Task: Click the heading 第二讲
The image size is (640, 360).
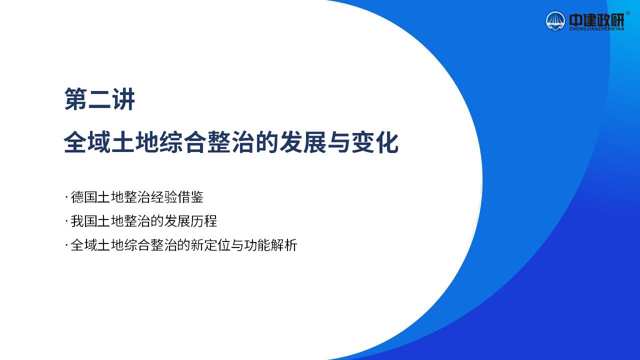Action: [x=99, y=99]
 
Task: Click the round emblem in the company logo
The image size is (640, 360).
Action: [x=555, y=21]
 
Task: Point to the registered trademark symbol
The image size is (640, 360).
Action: [x=627, y=13]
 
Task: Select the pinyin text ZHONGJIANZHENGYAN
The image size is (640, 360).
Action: [x=596, y=29]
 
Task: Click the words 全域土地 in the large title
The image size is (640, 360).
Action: [x=111, y=142]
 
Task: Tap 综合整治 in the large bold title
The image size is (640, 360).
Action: [x=207, y=142]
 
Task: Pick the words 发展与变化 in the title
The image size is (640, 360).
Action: [x=339, y=142]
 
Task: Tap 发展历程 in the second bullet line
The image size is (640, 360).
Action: [x=190, y=221]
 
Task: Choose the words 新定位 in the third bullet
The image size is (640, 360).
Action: [x=210, y=245]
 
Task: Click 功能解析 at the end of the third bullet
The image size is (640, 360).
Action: [x=270, y=245]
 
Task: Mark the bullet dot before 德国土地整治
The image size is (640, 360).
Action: [x=66, y=197]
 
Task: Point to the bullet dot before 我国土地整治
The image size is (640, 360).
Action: [x=66, y=221]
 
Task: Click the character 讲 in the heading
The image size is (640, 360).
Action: [x=123, y=99]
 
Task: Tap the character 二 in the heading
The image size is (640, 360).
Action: [x=99, y=99]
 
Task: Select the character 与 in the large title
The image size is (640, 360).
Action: [x=339, y=142]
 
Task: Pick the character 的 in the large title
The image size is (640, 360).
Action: [x=266, y=142]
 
